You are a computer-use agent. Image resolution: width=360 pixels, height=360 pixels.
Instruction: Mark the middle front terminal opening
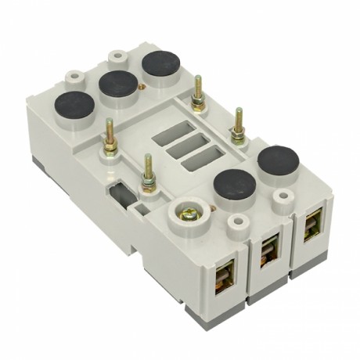click(x=268, y=249)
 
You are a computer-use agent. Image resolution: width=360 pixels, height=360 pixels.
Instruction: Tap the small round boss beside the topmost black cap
click(x=118, y=57)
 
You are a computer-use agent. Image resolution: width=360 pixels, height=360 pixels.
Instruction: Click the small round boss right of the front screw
click(x=232, y=226)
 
